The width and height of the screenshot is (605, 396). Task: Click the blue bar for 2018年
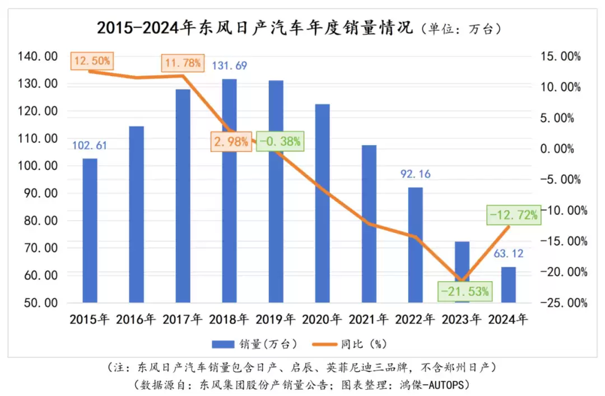click(x=229, y=190)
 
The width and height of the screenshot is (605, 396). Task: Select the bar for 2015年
click(x=90, y=230)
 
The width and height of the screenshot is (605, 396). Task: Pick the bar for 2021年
click(x=369, y=223)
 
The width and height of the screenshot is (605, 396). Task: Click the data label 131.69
click(x=229, y=66)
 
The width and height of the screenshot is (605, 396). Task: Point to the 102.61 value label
click(x=90, y=146)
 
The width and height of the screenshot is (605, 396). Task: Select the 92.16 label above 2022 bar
click(x=415, y=174)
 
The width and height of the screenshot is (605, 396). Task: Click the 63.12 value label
click(x=508, y=254)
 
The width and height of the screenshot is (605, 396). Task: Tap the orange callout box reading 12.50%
click(x=92, y=60)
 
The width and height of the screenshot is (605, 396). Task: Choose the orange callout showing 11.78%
click(x=182, y=63)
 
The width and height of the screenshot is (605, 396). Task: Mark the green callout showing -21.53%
click(x=465, y=291)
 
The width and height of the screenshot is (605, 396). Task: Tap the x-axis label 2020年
click(x=322, y=320)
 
